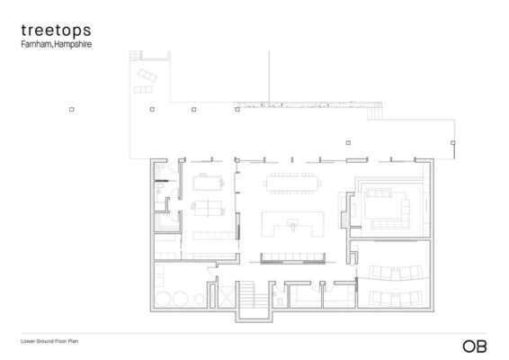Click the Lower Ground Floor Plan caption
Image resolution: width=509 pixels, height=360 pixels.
click(x=53, y=342)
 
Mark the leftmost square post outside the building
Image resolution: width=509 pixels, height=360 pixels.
click(x=71, y=109)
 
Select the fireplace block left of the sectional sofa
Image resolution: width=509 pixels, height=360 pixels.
click(x=344, y=212)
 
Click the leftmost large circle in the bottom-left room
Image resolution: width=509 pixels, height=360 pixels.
click(x=162, y=300)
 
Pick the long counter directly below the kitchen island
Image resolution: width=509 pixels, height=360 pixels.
click(x=291, y=259)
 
